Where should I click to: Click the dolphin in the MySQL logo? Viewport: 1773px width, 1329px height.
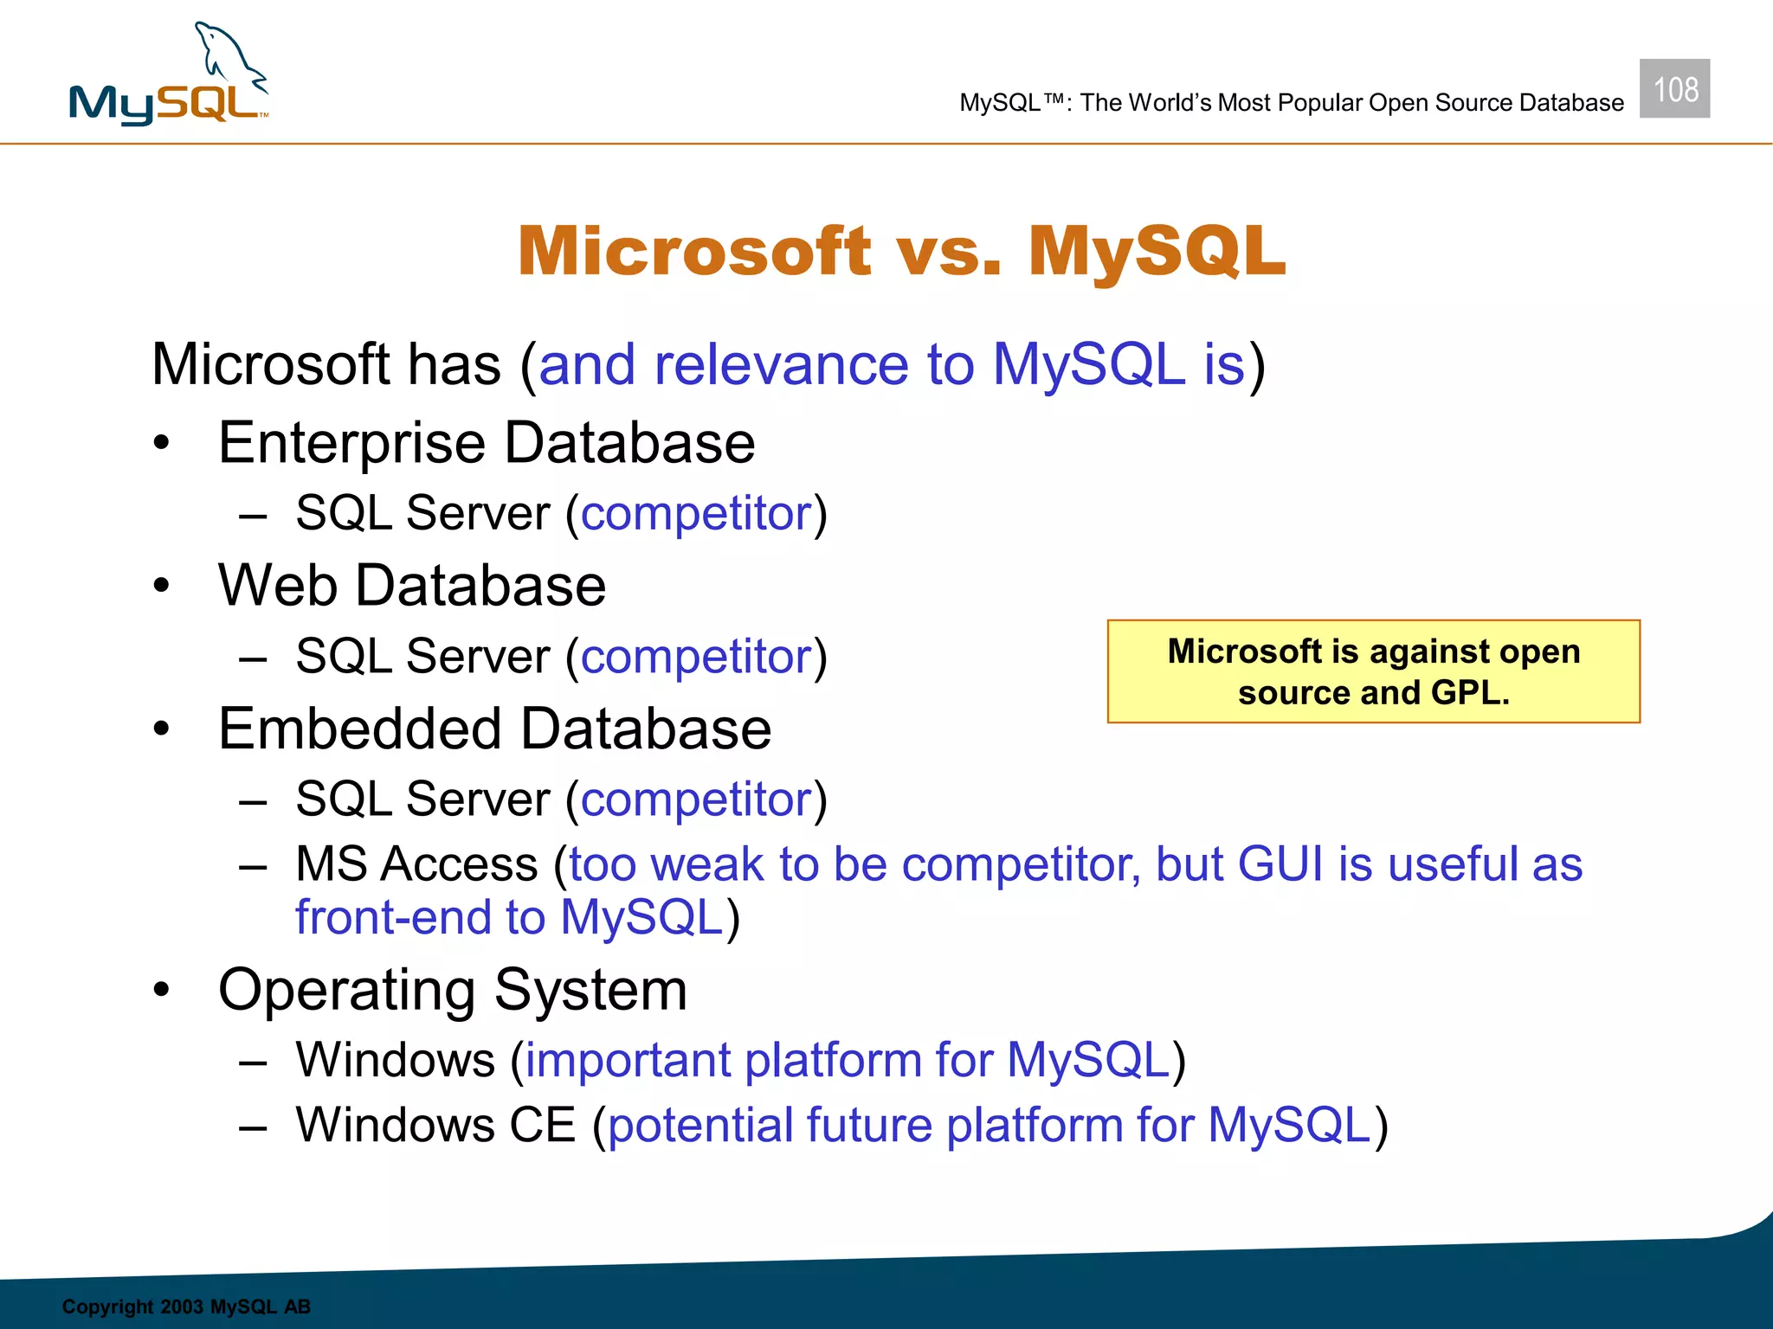[x=227, y=56]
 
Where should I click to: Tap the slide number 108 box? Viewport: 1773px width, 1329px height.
[x=1674, y=88]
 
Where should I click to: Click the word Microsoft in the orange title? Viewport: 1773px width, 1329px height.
[x=693, y=252]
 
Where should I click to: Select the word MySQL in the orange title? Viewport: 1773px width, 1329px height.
[x=1157, y=252]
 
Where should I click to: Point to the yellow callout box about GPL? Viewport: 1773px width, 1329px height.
[x=1373, y=671]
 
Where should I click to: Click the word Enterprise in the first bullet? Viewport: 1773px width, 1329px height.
[x=352, y=443]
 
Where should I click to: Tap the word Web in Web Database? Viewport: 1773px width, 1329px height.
[x=277, y=586]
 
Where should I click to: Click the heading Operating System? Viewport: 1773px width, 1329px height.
[x=452, y=990]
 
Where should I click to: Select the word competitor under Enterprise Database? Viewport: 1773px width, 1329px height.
[x=696, y=514]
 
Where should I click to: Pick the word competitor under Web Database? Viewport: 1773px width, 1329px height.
[x=696, y=657]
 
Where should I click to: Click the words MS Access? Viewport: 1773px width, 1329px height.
[x=416, y=864]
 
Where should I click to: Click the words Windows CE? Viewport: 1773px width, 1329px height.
[x=435, y=1125]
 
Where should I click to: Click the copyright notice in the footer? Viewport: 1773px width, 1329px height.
[x=186, y=1307]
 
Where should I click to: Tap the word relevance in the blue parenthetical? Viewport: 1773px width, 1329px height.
[x=781, y=364]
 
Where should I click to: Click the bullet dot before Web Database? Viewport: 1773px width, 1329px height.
[x=161, y=586]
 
